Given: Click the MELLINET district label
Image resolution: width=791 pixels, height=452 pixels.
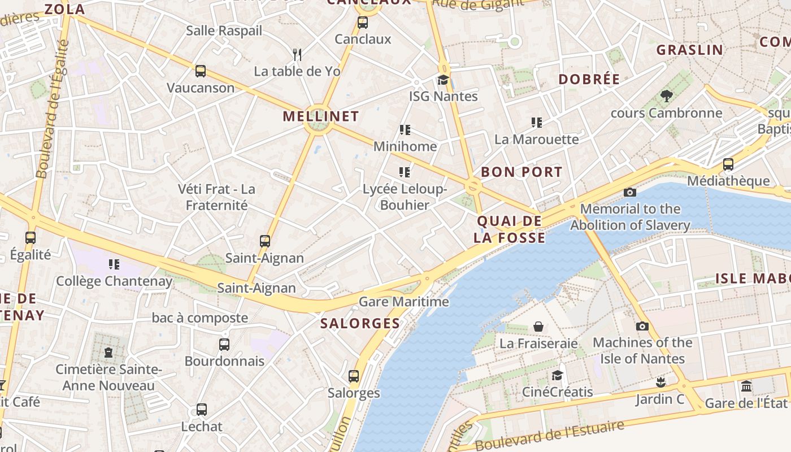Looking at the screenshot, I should pyautogui.click(x=320, y=116).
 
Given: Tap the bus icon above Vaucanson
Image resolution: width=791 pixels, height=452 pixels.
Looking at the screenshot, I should pyautogui.click(x=201, y=71).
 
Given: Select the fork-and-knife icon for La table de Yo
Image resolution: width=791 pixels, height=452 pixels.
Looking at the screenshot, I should pyautogui.click(x=297, y=54).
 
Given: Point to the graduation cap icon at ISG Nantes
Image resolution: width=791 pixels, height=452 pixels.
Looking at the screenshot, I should pyautogui.click(x=443, y=80).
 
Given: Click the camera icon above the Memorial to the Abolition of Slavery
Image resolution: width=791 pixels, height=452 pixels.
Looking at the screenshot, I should pyautogui.click(x=630, y=193).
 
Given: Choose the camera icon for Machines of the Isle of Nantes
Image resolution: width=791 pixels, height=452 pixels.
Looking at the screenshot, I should pyautogui.click(x=642, y=326).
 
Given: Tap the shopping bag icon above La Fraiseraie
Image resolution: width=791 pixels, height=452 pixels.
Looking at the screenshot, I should pyautogui.click(x=538, y=327).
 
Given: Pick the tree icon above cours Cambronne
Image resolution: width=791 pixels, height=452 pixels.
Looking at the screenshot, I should pyautogui.click(x=666, y=96).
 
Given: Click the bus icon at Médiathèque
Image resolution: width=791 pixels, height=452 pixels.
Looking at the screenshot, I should pyautogui.click(x=728, y=164).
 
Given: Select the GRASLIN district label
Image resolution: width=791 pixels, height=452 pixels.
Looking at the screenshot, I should pyautogui.click(x=689, y=50).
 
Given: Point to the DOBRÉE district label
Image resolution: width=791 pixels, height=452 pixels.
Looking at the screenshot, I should pyautogui.click(x=589, y=79).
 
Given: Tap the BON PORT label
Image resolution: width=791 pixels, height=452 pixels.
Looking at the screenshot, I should pyautogui.click(x=521, y=172).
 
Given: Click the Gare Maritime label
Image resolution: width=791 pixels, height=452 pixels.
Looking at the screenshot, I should pyautogui.click(x=404, y=302).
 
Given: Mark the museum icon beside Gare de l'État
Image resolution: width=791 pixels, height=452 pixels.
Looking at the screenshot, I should pyautogui.click(x=746, y=386).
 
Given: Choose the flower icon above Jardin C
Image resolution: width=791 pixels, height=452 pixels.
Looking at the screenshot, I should pyautogui.click(x=660, y=383).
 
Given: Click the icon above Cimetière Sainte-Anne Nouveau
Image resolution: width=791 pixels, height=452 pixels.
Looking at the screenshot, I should pyautogui.click(x=108, y=353).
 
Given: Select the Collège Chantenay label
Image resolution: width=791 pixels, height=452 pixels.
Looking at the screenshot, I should pyautogui.click(x=114, y=281).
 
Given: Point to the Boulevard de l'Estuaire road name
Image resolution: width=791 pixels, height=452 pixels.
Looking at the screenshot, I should pyautogui.click(x=550, y=436).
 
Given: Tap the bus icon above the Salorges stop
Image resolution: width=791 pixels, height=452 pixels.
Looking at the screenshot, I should pyautogui.click(x=354, y=376).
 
